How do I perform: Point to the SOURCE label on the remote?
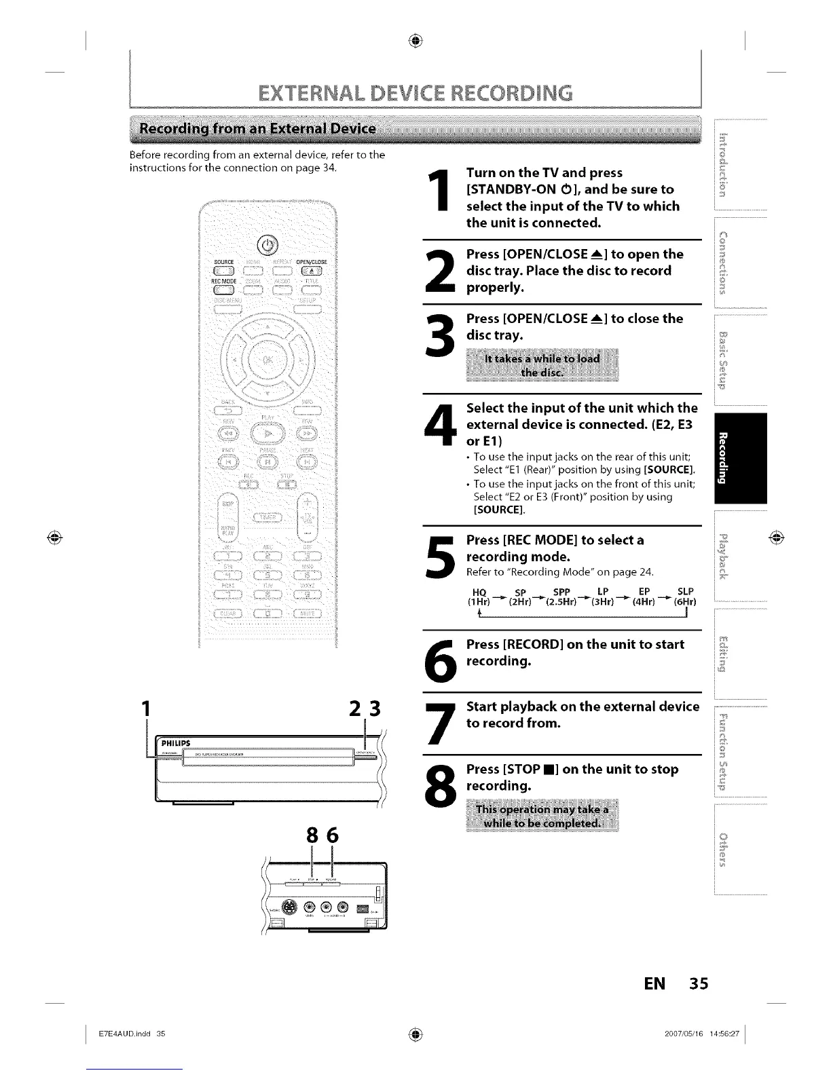click(x=223, y=262)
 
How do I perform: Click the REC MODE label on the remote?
click(x=225, y=280)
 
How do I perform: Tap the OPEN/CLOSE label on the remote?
click(x=311, y=262)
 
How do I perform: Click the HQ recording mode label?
click(x=479, y=591)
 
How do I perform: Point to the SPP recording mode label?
click(x=561, y=591)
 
